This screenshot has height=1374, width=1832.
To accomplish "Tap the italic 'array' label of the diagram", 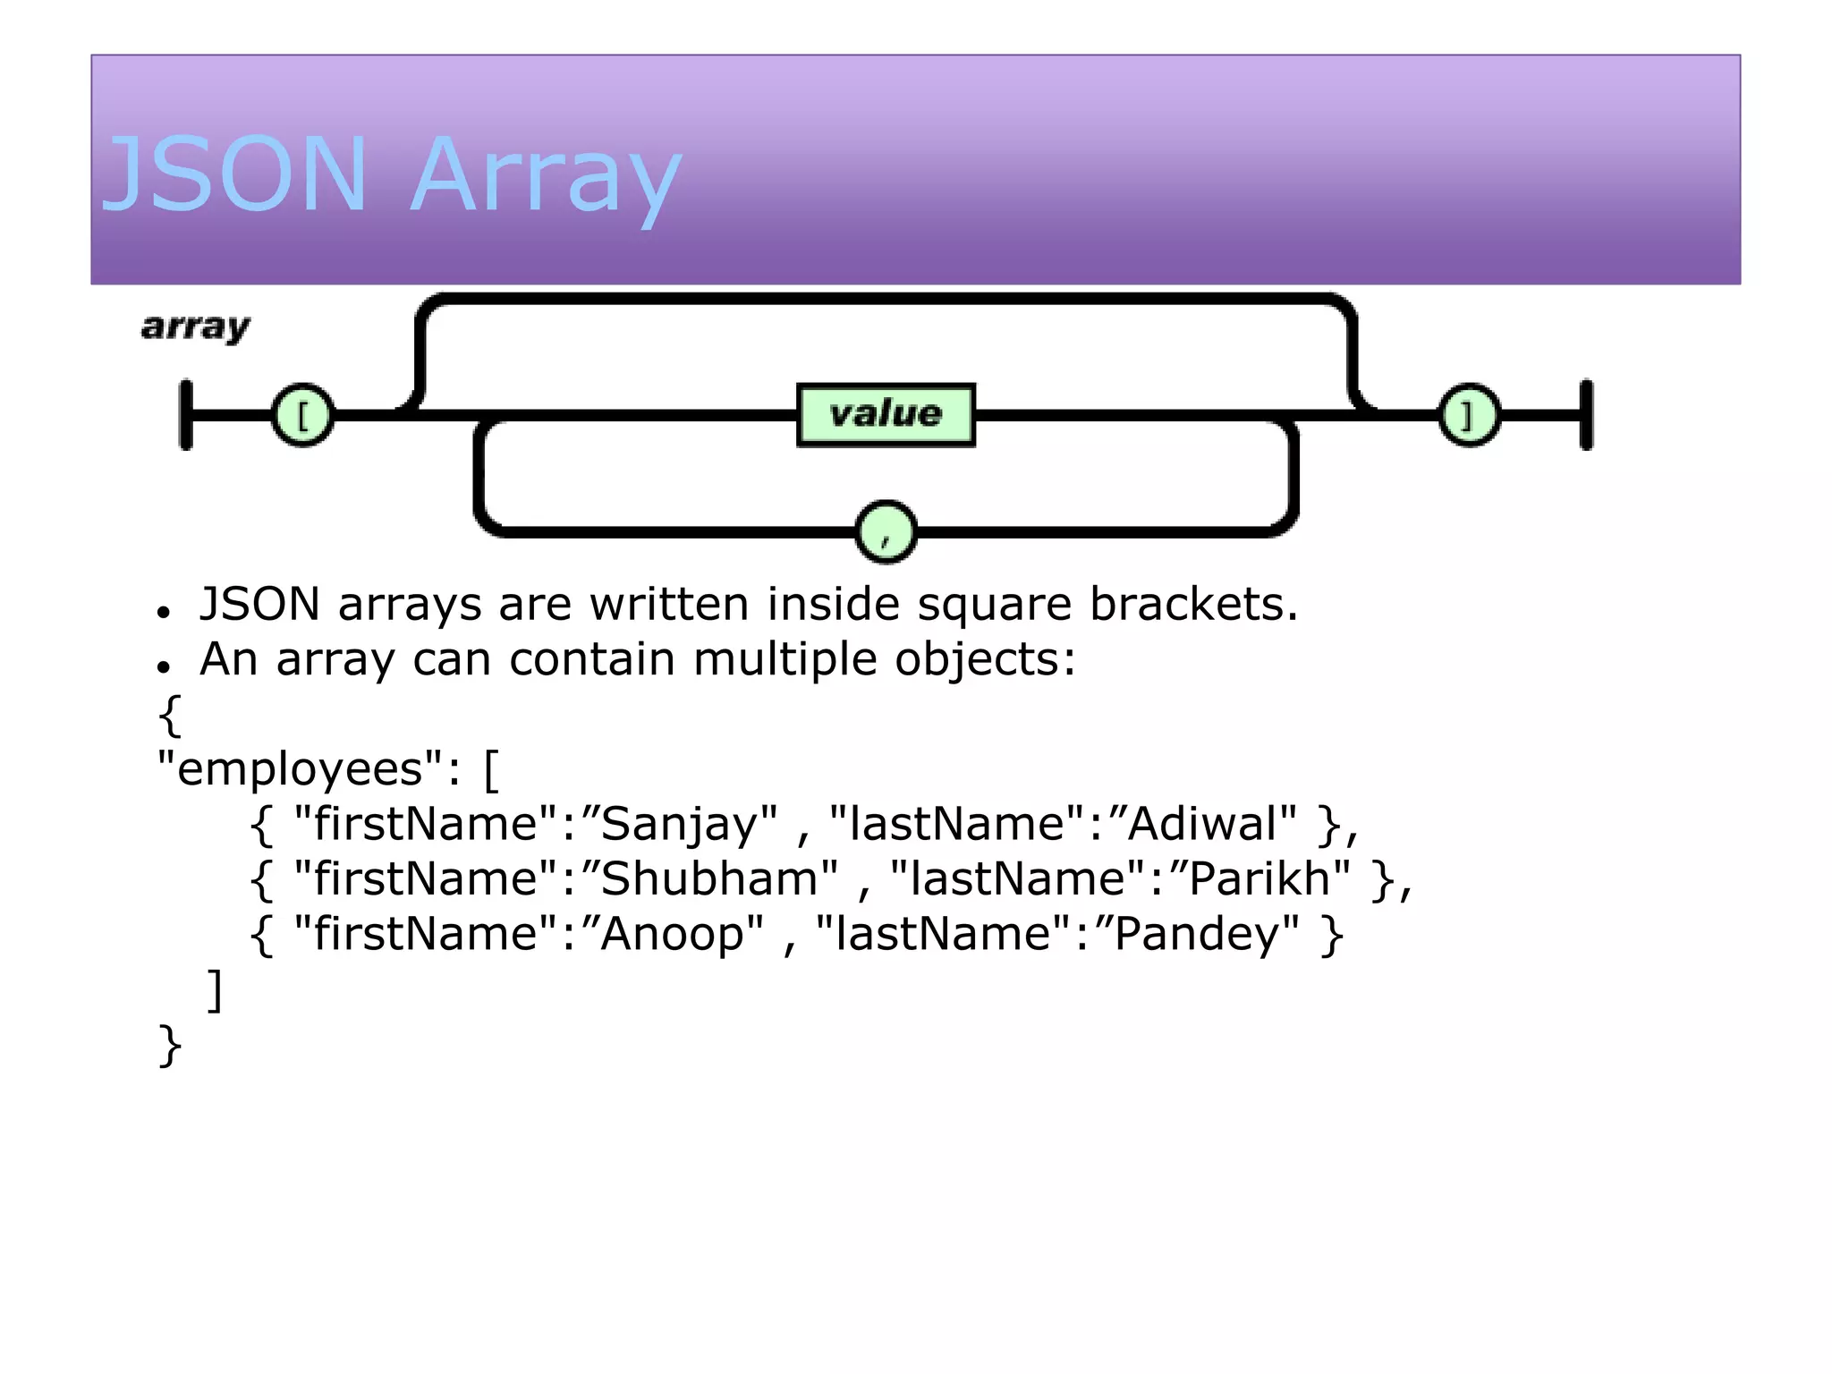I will [196, 327].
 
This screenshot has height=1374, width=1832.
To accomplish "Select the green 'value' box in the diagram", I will [886, 414].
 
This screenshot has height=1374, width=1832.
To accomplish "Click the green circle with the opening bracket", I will [302, 415].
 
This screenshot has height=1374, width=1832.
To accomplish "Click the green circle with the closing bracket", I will [1469, 415].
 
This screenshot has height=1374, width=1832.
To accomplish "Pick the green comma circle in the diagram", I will [886, 532].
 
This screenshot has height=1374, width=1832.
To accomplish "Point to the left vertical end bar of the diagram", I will [186, 415].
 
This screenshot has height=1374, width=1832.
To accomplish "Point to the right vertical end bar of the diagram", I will [1586, 415].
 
